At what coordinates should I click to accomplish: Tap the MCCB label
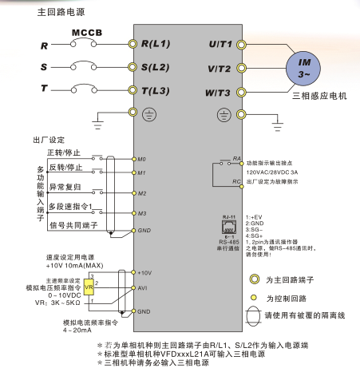[88, 34]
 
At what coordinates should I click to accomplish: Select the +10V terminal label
[144, 273]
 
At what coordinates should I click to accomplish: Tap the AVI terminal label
[143, 287]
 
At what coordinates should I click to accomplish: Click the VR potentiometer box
[89, 287]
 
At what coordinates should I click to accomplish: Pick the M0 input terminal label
[142, 159]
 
